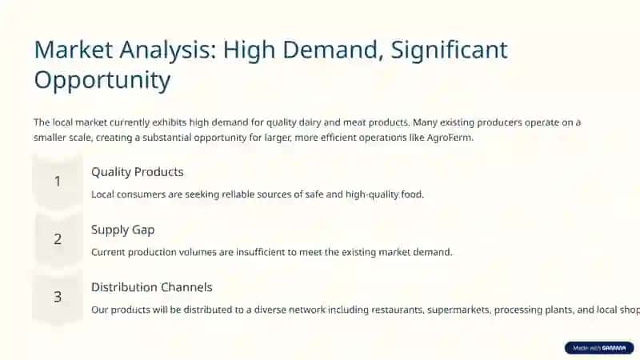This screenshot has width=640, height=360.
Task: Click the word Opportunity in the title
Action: click(102, 81)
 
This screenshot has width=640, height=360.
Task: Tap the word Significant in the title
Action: click(449, 50)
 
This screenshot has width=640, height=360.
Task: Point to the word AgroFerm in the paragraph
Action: click(450, 138)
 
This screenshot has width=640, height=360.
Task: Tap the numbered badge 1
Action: click(58, 181)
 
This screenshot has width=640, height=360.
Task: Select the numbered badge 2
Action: click(58, 238)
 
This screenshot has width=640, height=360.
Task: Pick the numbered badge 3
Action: click(58, 297)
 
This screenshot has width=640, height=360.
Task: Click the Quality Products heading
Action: click(137, 172)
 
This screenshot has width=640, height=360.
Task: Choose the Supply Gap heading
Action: click(123, 230)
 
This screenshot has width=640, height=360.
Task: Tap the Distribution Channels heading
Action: click(152, 287)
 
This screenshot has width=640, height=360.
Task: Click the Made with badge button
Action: click(599, 348)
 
